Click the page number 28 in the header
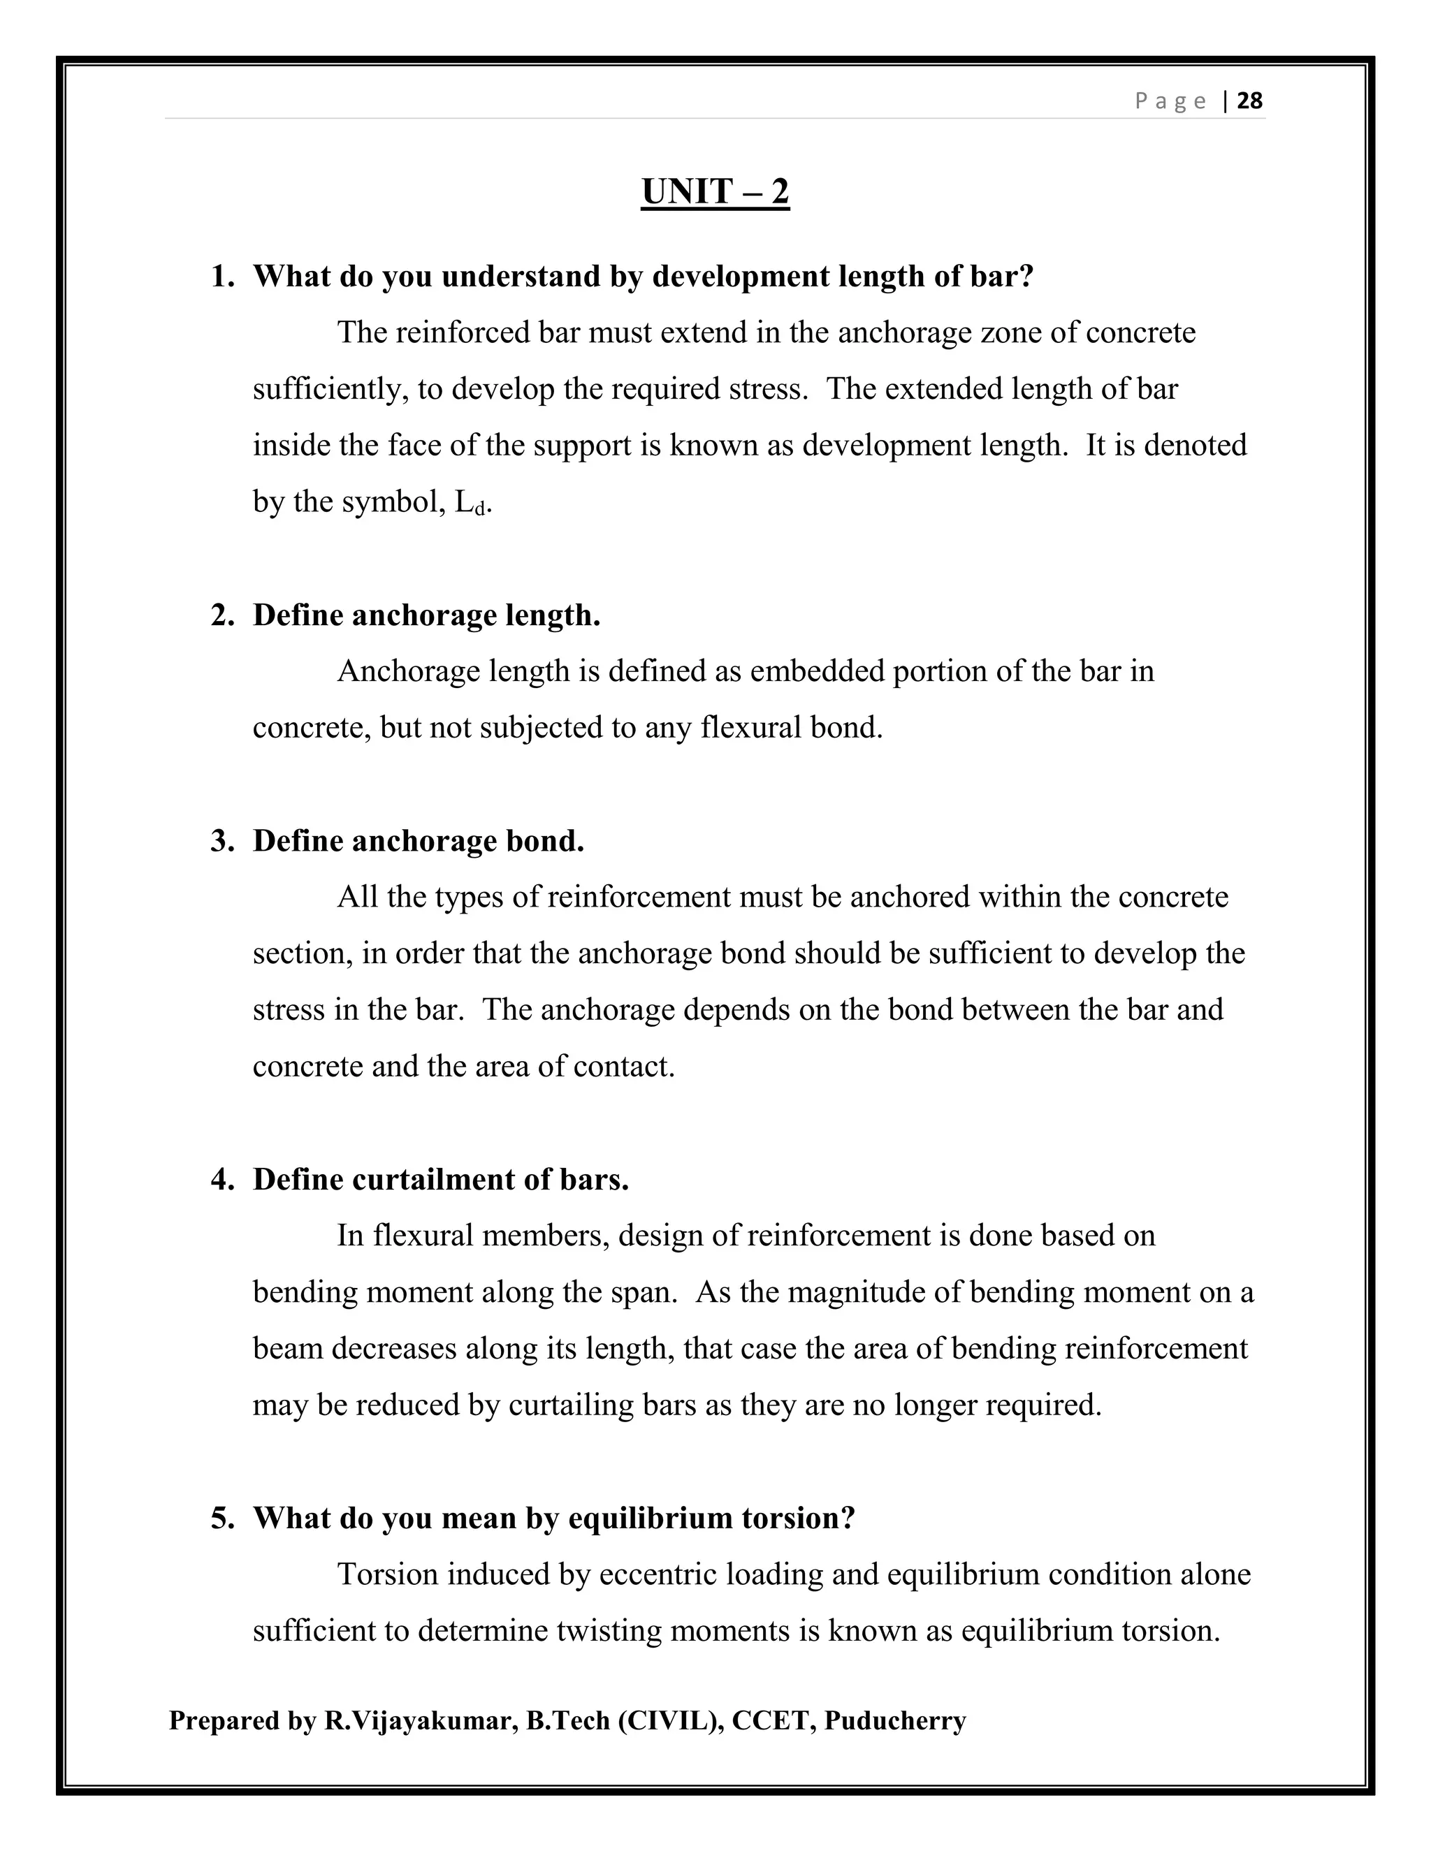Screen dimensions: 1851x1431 point(1249,102)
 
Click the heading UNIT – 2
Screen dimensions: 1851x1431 point(715,191)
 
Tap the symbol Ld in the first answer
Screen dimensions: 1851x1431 point(472,504)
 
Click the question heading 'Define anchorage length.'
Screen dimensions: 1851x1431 point(426,615)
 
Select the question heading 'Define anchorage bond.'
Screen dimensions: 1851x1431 point(419,841)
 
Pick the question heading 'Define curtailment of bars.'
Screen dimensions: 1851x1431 point(441,1180)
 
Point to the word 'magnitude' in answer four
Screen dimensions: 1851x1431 point(856,1292)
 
